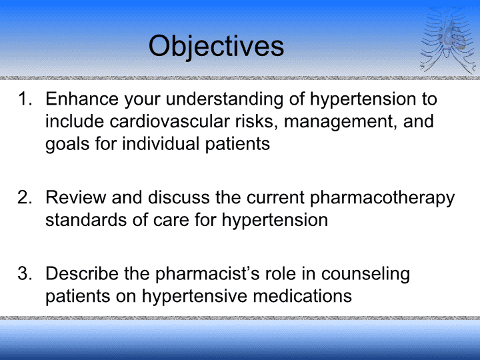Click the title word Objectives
click(216, 46)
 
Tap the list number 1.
click(25, 99)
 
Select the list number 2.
click(25, 197)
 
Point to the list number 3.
click(25, 273)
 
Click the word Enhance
click(82, 99)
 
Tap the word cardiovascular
click(169, 121)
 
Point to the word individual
click(161, 143)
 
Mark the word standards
click(86, 219)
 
